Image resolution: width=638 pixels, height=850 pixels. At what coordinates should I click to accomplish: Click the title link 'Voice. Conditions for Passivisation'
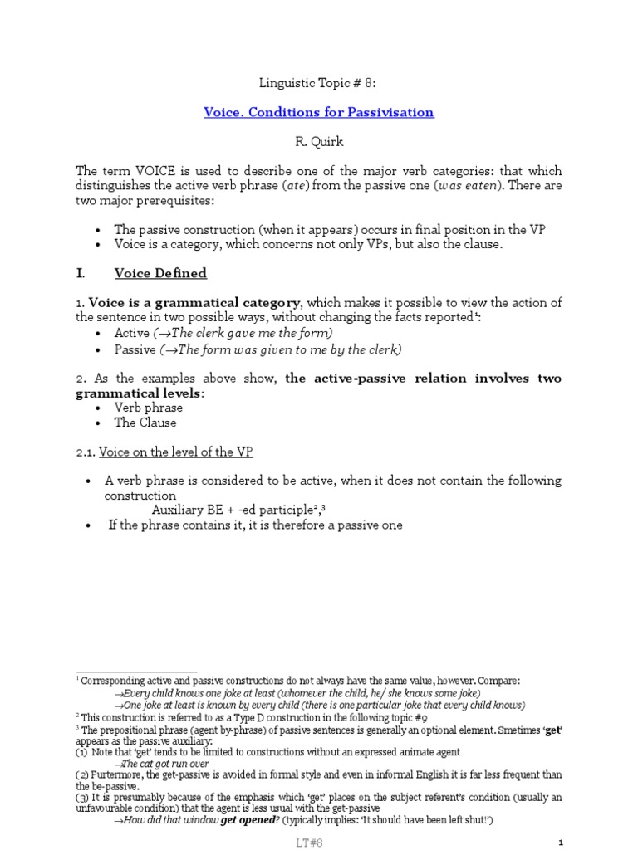tap(319, 112)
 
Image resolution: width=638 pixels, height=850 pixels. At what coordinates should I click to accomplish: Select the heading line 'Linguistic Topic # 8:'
tap(319, 83)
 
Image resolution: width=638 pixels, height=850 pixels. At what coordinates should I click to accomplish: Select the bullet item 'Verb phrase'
tap(149, 408)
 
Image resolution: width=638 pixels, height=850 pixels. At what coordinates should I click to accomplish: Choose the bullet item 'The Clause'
tap(145, 423)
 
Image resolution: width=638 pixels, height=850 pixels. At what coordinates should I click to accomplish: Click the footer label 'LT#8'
tap(319, 842)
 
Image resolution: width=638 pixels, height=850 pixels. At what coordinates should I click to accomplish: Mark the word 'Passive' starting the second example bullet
tap(134, 349)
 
